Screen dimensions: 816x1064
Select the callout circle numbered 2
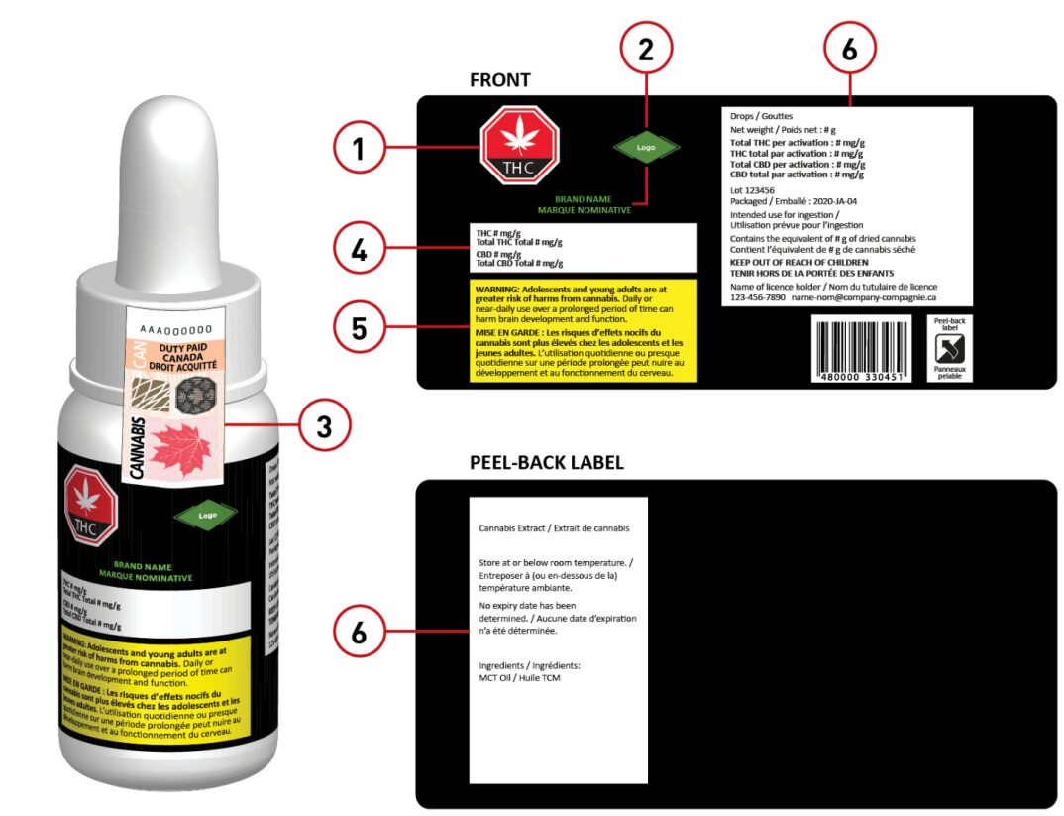tap(645, 50)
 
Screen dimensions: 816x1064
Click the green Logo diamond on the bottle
tap(207, 515)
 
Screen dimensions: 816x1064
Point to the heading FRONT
tap(500, 80)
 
